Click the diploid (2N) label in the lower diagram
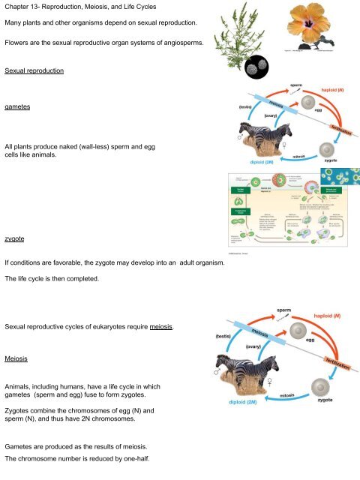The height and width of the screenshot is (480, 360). (241, 403)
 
